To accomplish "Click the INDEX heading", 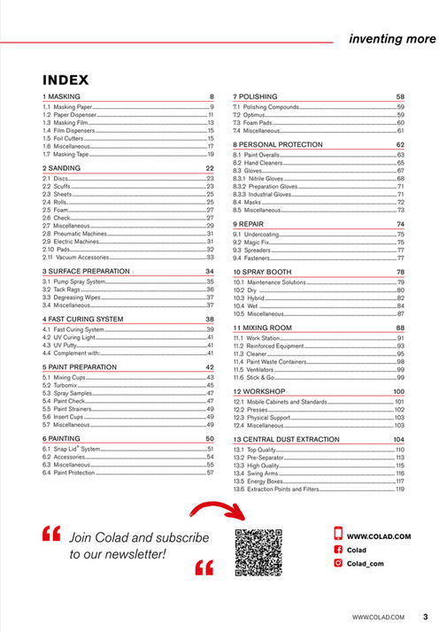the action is (x=66, y=80).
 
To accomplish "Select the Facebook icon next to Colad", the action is (x=337, y=549).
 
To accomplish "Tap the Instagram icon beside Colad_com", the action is (x=337, y=563).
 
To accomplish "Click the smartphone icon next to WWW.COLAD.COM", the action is (x=337, y=534).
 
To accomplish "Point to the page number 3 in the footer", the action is (x=425, y=616).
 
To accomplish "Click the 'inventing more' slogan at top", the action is (x=392, y=39).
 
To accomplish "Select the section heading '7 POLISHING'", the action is (x=255, y=96).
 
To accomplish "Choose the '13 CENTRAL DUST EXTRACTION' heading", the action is (x=286, y=439).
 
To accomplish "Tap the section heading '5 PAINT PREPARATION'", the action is (x=79, y=366).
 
